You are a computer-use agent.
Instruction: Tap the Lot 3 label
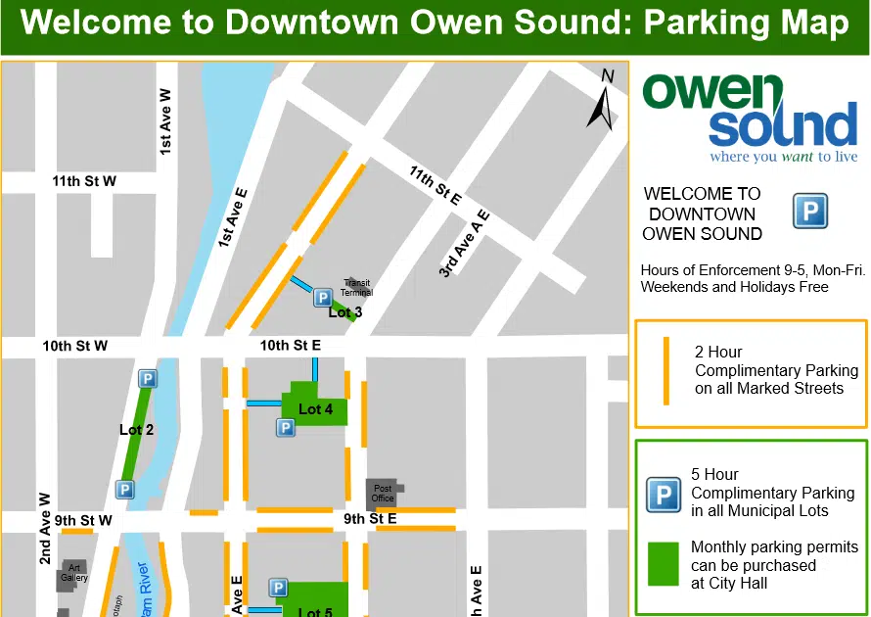point(345,312)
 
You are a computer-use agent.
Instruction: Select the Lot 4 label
point(315,408)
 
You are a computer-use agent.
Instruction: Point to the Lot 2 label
point(136,429)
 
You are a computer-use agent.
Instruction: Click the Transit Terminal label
point(357,288)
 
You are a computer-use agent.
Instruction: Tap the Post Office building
point(383,493)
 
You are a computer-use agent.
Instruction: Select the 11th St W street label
point(84,181)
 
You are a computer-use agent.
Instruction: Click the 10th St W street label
point(74,346)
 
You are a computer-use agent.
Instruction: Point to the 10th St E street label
point(291,346)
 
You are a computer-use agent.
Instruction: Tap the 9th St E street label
point(370,518)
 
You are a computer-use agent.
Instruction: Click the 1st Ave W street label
point(166,121)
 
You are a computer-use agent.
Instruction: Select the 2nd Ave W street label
point(45,528)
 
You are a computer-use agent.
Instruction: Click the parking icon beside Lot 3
point(323,298)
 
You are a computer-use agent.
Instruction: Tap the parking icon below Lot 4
point(285,428)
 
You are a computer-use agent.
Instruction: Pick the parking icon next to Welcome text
point(809,211)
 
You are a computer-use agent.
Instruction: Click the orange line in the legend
point(665,370)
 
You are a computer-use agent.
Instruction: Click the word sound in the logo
point(783,127)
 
